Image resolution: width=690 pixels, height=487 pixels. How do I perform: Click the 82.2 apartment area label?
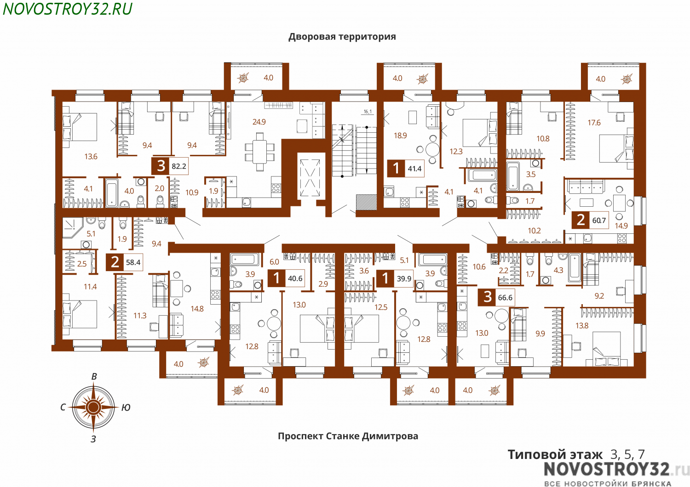179,166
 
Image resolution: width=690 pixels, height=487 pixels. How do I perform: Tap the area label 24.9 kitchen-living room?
259,122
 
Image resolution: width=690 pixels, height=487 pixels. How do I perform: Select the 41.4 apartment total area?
414,169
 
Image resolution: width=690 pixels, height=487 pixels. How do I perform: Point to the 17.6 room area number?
594,123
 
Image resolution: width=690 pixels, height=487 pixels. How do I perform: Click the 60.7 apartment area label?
599,221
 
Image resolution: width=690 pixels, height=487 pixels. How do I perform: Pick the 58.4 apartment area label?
133,262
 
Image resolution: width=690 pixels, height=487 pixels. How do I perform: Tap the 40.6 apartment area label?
295,278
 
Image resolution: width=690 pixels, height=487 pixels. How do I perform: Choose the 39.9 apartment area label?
404,278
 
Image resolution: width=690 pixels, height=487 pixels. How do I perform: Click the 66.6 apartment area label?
505,298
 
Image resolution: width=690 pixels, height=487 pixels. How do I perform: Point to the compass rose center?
94,407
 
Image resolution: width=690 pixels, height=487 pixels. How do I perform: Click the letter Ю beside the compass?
126,408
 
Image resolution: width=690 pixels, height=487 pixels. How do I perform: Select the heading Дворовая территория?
342,37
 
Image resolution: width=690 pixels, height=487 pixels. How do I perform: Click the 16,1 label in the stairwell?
368,112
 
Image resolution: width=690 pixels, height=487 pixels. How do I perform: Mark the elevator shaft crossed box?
310,178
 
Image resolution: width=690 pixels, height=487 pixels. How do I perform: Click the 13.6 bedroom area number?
91,157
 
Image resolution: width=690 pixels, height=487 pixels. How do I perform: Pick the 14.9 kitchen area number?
621,226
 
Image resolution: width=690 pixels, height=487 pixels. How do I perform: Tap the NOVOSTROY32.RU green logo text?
68,9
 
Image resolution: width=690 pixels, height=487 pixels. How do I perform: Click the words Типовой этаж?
555,455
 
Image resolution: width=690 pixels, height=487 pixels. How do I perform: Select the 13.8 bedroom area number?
582,326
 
